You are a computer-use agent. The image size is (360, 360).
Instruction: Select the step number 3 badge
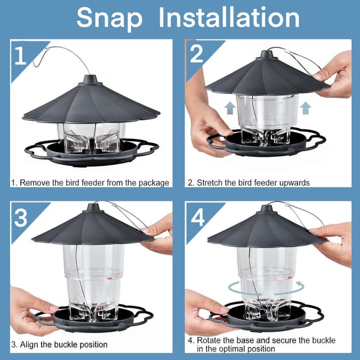(21, 217)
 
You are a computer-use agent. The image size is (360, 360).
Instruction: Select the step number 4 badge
(197, 217)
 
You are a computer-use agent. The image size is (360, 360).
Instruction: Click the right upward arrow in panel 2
(305, 107)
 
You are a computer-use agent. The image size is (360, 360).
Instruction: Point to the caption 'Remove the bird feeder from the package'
(91, 183)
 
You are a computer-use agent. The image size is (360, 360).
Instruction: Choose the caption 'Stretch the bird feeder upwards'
(249, 183)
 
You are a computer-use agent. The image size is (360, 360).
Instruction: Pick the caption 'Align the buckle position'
(59, 344)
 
